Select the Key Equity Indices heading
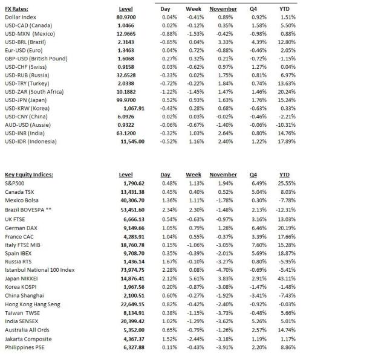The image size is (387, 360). pos(28,175)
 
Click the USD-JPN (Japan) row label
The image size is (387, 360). pos(27,100)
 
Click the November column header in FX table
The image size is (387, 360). pos(223,9)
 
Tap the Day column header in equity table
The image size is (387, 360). pos(166,175)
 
